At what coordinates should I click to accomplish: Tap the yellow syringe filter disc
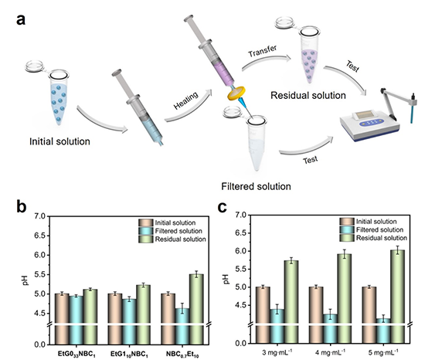tap(236, 93)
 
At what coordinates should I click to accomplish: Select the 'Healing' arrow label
tap(186, 100)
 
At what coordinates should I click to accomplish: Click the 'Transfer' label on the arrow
tap(263, 51)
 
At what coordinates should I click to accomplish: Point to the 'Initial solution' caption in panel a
tap(59, 141)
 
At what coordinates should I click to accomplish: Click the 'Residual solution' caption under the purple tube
tap(308, 95)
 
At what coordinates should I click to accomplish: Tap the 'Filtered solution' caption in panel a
tap(256, 186)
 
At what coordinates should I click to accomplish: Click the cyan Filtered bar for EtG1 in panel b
tap(129, 322)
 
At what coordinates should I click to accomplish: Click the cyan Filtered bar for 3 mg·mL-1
tap(277, 327)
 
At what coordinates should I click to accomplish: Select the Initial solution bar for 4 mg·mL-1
tap(316, 315)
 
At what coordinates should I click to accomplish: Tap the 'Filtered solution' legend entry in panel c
tap(372, 229)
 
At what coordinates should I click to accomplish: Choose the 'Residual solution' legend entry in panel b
tap(172, 239)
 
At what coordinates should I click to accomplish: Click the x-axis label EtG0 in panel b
tap(76, 355)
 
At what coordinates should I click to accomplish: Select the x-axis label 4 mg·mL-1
tap(331, 353)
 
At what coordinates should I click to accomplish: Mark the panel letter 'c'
tap(223, 207)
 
